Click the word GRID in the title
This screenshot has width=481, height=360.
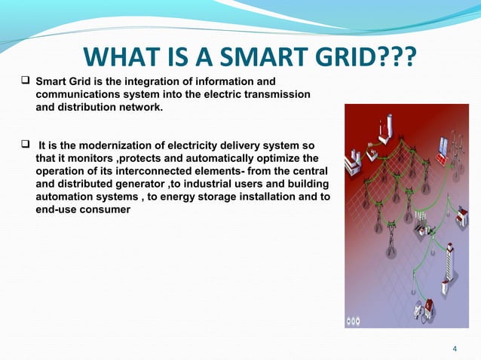[329, 57]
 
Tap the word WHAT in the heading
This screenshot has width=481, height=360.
[118, 57]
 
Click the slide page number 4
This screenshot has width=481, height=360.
[455, 347]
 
